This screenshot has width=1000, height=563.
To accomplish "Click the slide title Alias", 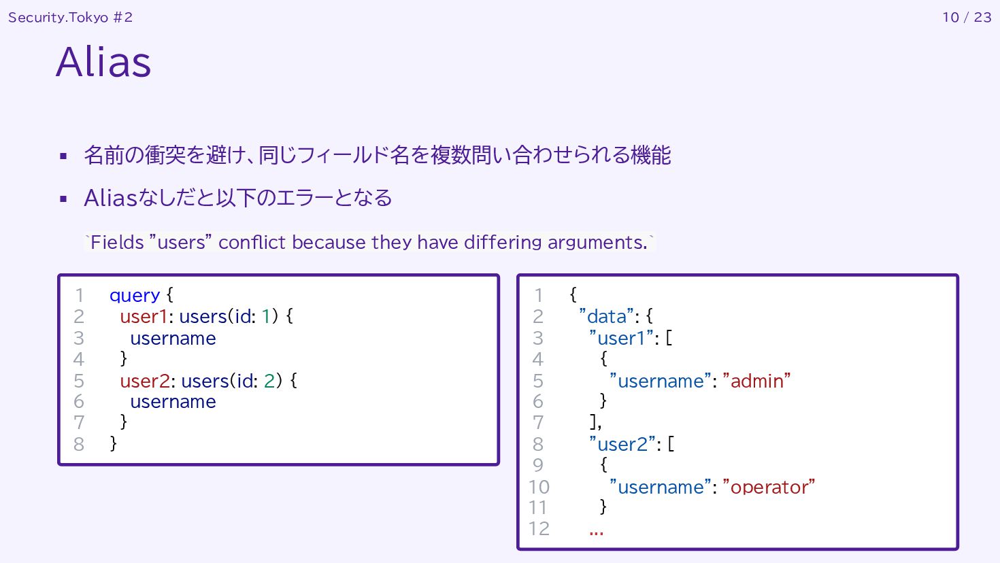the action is pyautogui.click(x=103, y=62).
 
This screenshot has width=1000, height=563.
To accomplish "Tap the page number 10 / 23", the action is pyautogui.click(x=967, y=17).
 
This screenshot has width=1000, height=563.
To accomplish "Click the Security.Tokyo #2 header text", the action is pyautogui.click(x=70, y=17).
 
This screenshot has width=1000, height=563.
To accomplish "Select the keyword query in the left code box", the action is pyautogui.click(x=135, y=295).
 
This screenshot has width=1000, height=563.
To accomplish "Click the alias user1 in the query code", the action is pyautogui.click(x=144, y=316).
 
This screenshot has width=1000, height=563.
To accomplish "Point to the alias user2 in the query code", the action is pyautogui.click(x=145, y=380).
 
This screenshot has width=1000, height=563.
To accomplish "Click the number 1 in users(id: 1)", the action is pyautogui.click(x=266, y=316).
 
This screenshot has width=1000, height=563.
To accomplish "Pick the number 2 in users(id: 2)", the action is pyautogui.click(x=269, y=380).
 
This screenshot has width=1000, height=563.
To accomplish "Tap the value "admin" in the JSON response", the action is pyautogui.click(x=756, y=381).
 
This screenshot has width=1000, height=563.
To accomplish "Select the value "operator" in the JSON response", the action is pyautogui.click(x=769, y=487).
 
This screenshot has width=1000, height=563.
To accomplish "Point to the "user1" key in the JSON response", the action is pyautogui.click(x=621, y=338).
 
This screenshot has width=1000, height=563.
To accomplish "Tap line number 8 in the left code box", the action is pyautogui.click(x=79, y=444).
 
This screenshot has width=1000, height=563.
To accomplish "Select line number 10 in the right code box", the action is pyautogui.click(x=539, y=487).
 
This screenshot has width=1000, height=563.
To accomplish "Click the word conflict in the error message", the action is pyautogui.click(x=253, y=242).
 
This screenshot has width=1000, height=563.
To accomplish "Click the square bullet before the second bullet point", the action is pyautogui.click(x=64, y=199).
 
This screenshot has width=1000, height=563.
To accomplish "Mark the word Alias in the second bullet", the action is pyautogui.click(x=111, y=198).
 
